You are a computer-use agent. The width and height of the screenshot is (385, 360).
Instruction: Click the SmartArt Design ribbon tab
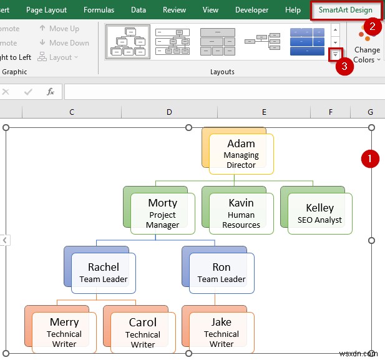point(345,10)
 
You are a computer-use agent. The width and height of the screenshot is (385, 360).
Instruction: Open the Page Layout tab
point(46,10)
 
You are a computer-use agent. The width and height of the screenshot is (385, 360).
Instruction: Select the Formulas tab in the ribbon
point(99,10)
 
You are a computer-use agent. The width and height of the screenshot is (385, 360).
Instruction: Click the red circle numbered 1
point(371,159)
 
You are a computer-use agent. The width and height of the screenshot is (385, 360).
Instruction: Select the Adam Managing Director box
point(241,154)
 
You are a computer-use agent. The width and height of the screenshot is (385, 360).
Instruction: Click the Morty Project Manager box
point(162,213)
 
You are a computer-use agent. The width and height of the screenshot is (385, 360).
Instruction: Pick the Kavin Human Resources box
point(241,213)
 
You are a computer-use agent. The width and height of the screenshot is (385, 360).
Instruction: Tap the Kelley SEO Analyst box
point(319,213)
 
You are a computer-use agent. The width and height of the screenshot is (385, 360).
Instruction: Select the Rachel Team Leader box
point(103,273)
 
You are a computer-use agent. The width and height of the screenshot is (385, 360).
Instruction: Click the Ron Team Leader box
point(221,273)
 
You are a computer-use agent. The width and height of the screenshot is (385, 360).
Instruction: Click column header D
point(169,112)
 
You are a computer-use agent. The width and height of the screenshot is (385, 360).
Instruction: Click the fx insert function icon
point(51,92)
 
